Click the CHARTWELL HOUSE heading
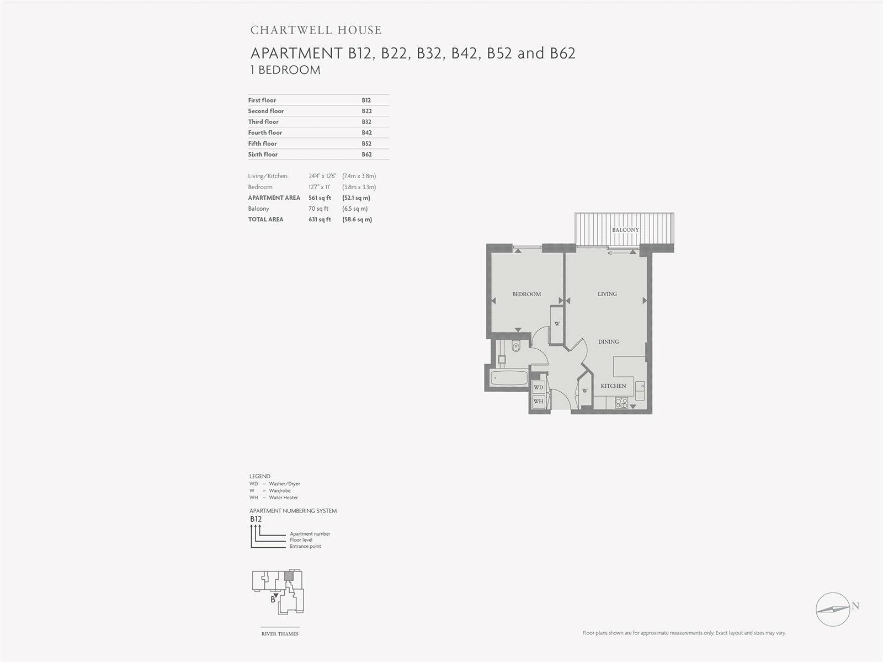pyautogui.click(x=316, y=30)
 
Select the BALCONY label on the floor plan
pyautogui.click(x=625, y=229)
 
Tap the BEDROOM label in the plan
pyautogui.click(x=526, y=294)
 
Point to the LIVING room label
pyautogui.click(x=607, y=294)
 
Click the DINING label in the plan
pyautogui.click(x=609, y=341)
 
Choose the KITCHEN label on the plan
pyautogui.click(x=613, y=386)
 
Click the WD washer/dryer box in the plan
pyautogui.click(x=538, y=388)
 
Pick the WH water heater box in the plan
pyautogui.click(x=538, y=401)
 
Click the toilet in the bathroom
pyautogui.click(x=515, y=348)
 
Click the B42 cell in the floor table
pyautogui.click(x=366, y=132)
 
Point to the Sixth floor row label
pyautogui.click(x=263, y=154)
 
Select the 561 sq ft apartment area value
pyautogui.click(x=320, y=197)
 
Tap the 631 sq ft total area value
pyautogui.click(x=320, y=220)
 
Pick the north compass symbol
pyautogui.click(x=833, y=609)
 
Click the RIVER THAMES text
pyautogui.click(x=280, y=634)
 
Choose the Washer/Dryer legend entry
pyautogui.click(x=284, y=484)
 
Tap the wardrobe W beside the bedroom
pyautogui.click(x=557, y=324)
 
